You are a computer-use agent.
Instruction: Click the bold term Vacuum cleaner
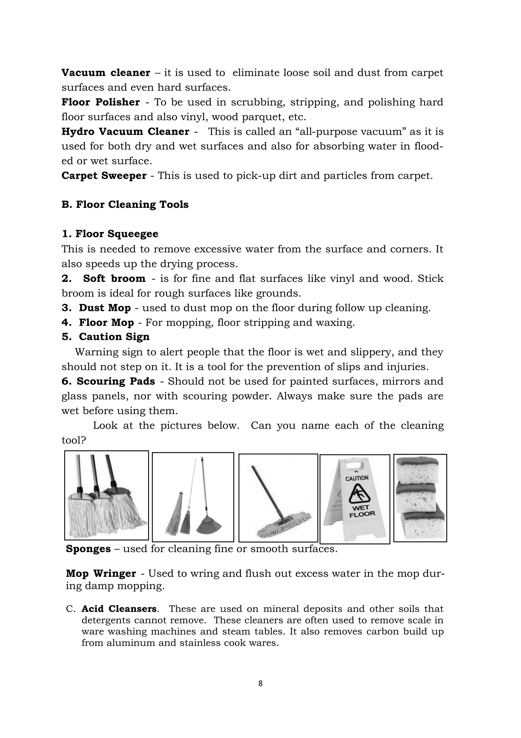click(x=106, y=73)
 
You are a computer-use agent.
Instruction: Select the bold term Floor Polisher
click(x=100, y=102)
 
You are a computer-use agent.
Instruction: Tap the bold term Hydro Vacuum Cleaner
click(x=125, y=132)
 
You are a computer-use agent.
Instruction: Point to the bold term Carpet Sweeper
click(x=104, y=176)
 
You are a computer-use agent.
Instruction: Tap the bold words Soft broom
click(x=114, y=278)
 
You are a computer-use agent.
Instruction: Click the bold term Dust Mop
click(x=105, y=308)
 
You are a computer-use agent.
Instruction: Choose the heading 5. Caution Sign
click(x=106, y=337)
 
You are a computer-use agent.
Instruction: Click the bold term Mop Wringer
click(x=101, y=573)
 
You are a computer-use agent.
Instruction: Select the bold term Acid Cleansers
click(x=119, y=609)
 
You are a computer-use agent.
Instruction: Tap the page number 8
click(x=260, y=683)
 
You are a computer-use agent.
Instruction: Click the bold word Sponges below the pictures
click(x=88, y=549)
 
